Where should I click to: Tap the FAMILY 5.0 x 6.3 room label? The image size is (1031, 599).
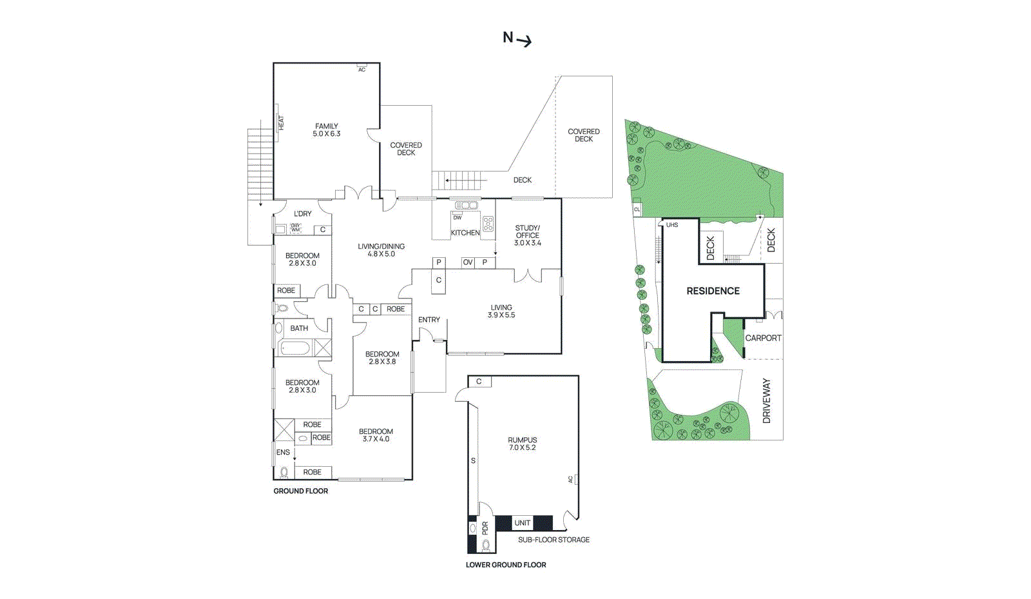pyautogui.click(x=327, y=130)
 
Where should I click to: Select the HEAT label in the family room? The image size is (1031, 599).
pyautogui.click(x=281, y=123)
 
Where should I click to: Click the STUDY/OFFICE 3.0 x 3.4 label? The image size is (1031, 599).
pyautogui.click(x=527, y=235)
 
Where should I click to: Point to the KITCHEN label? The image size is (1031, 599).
pyautogui.click(x=465, y=233)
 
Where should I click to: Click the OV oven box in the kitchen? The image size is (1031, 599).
pyautogui.click(x=468, y=262)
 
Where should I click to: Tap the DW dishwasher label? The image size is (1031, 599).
pyautogui.click(x=458, y=218)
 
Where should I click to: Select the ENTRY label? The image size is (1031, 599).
pyautogui.click(x=429, y=320)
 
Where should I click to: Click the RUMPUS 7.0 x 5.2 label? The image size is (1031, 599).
pyautogui.click(x=522, y=444)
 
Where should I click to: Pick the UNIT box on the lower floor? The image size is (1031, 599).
pyautogui.click(x=523, y=523)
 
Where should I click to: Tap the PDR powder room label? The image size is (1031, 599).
pyautogui.click(x=485, y=528)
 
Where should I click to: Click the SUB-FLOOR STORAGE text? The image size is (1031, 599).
pyautogui.click(x=554, y=540)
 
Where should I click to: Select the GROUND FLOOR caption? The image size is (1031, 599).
pyautogui.click(x=301, y=491)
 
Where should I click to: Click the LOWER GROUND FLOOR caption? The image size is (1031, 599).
pyautogui.click(x=506, y=565)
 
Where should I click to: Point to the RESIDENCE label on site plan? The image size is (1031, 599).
pyautogui.click(x=713, y=291)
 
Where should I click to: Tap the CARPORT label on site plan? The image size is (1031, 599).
pyautogui.click(x=763, y=338)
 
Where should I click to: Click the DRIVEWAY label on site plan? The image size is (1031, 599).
pyautogui.click(x=766, y=400)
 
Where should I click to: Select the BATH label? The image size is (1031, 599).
pyautogui.click(x=299, y=328)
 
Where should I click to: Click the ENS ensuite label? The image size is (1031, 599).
pyautogui.click(x=283, y=453)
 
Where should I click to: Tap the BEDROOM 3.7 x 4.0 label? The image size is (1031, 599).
pyautogui.click(x=376, y=435)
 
